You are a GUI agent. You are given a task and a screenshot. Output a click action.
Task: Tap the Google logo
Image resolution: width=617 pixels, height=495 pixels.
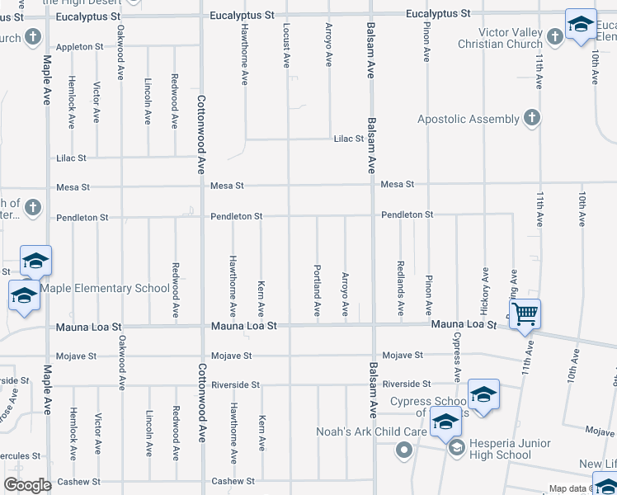pyautogui.click(x=27, y=485)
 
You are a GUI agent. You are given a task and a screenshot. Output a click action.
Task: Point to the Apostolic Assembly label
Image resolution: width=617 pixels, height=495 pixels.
pyautogui.click(x=468, y=119)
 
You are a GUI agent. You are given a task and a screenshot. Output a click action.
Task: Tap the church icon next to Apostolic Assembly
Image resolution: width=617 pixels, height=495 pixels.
pyautogui.click(x=532, y=118)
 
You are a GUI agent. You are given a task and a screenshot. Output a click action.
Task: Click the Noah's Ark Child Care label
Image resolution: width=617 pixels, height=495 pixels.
pyautogui.click(x=372, y=431)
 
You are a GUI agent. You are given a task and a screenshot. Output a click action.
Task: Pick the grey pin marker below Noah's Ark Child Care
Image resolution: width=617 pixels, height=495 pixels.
pyautogui.click(x=403, y=450)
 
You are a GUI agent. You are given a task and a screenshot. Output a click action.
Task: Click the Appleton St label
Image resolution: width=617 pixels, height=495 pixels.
pyautogui.click(x=79, y=47)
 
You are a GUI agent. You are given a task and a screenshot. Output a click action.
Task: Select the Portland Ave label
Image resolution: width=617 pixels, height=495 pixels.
pyautogui.click(x=317, y=290)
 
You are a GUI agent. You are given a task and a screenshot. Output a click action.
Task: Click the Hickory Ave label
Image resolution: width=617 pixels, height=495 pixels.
pyautogui.click(x=484, y=290)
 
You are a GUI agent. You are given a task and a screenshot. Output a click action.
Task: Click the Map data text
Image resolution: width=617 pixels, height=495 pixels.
pyautogui.click(x=569, y=489)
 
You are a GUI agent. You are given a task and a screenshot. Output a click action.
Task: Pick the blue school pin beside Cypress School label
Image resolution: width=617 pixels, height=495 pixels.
pyautogui.click(x=483, y=394)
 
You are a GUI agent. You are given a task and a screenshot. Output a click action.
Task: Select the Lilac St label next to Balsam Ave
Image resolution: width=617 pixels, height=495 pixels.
pyautogui.click(x=348, y=139)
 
